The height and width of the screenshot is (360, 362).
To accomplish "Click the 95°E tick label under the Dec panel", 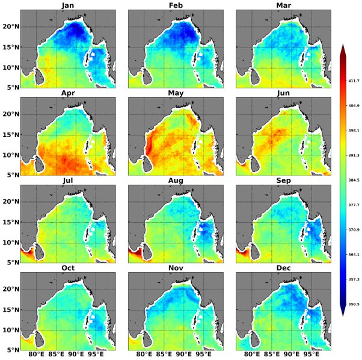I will [311, 355].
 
